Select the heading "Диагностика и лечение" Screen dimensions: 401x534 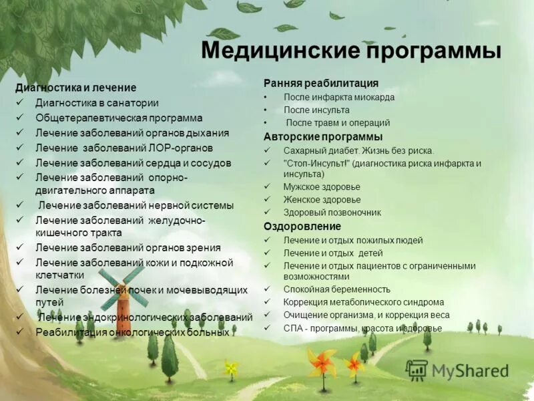tap(75, 88)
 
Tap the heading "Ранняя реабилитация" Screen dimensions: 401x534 tap(320, 83)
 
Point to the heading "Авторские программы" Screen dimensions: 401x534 tap(318, 136)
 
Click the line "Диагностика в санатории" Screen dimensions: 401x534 tap(97, 102)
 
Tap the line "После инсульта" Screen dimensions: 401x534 tap(316, 110)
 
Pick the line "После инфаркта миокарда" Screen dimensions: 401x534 tap(338, 97)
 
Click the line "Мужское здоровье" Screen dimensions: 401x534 tap(321, 186)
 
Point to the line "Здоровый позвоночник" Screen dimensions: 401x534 tap(332, 213)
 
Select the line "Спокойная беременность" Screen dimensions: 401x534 tap(336, 289)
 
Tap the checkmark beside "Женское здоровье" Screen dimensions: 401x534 tap(267, 199)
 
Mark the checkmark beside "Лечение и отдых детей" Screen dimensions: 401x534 tap(267, 253)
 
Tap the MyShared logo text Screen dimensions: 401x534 tap(470, 371)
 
